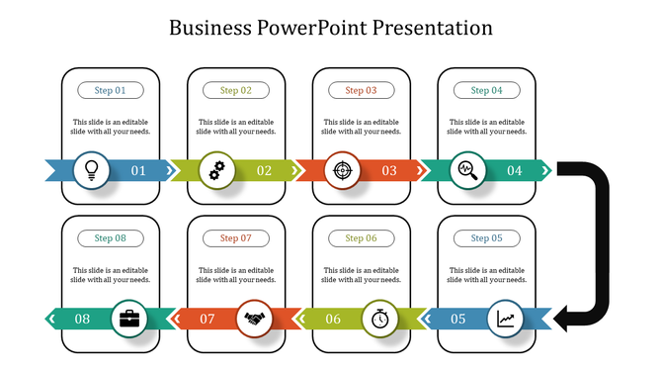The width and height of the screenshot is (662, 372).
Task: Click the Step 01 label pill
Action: [x=111, y=90]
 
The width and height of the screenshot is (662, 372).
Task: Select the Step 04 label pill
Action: [x=486, y=90]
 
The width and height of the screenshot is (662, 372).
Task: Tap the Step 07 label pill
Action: [x=236, y=238]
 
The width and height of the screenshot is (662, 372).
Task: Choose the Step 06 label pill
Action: [x=361, y=238]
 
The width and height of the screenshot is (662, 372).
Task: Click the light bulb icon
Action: [x=92, y=170]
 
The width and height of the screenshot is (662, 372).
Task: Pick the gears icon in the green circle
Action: [x=217, y=170]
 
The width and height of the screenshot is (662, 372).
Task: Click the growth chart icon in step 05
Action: [x=505, y=319]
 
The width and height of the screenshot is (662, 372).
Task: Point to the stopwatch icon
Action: [x=380, y=319]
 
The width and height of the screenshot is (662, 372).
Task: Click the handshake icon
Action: [x=255, y=319]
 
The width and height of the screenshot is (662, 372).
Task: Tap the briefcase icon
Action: [x=129, y=319]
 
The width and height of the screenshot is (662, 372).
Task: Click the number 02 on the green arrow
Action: [x=264, y=170]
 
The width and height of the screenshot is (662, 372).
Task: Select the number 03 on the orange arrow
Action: [x=389, y=170]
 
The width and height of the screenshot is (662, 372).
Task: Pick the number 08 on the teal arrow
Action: [x=82, y=319]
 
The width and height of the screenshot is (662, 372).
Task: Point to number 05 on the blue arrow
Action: [x=458, y=319]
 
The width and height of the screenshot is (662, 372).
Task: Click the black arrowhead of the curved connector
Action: [x=566, y=319]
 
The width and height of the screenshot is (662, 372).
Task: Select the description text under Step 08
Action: [x=111, y=275]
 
